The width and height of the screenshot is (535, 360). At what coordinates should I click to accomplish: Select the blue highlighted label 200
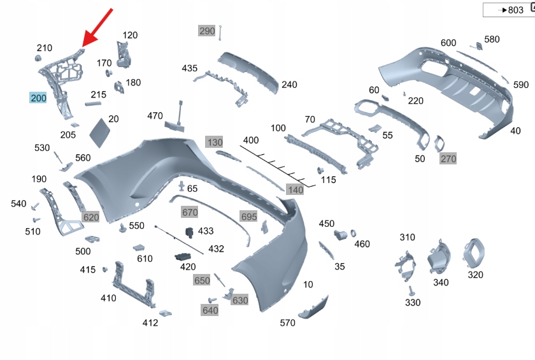tap(38, 98)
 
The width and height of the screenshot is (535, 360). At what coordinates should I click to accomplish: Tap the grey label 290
tap(207, 31)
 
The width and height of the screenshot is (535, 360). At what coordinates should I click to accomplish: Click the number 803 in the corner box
tap(515, 10)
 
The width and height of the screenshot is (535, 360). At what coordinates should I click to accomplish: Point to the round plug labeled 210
tap(38, 59)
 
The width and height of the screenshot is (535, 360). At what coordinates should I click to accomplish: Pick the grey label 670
tap(190, 212)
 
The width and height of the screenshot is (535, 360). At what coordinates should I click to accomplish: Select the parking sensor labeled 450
tap(340, 235)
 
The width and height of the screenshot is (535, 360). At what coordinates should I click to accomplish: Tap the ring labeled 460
tap(353, 233)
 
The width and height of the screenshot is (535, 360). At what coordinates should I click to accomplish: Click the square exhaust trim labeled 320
tap(474, 254)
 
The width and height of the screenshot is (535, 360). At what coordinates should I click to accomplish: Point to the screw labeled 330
tap(411, 291)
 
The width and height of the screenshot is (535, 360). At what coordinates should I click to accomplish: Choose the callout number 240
tap(289, 84)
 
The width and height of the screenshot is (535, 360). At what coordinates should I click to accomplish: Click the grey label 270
tap(448, 158)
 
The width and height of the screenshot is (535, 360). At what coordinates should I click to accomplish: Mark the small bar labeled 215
tap(93, 104)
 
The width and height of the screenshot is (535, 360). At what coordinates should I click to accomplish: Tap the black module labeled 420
tap(183, 257)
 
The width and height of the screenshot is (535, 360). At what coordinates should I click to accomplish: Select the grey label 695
tap(249, 217)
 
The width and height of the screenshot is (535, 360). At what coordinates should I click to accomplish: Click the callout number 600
tap(448, 43)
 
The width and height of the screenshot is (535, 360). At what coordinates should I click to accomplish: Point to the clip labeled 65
tap(182, 186)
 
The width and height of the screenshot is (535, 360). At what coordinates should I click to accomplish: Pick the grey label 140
tap(295, 190)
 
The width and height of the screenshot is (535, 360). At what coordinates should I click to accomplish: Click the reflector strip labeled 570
tap(313, 308)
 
